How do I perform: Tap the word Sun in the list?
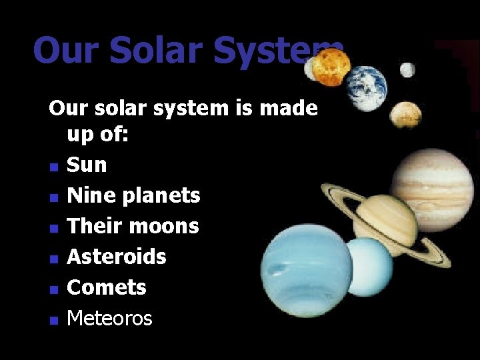tap(87, 165)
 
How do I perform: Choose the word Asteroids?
tap(117, 257)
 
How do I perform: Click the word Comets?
tap(107, 287)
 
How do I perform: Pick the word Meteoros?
tap(109, 319)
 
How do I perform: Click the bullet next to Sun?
tap(54, 166)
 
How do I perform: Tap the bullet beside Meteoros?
tap(54, 320)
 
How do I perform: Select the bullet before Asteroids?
tap(54, 258)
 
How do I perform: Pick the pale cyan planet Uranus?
tap(369, 267)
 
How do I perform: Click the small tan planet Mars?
tap(405, 115)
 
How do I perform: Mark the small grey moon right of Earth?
tap(407, 69)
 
